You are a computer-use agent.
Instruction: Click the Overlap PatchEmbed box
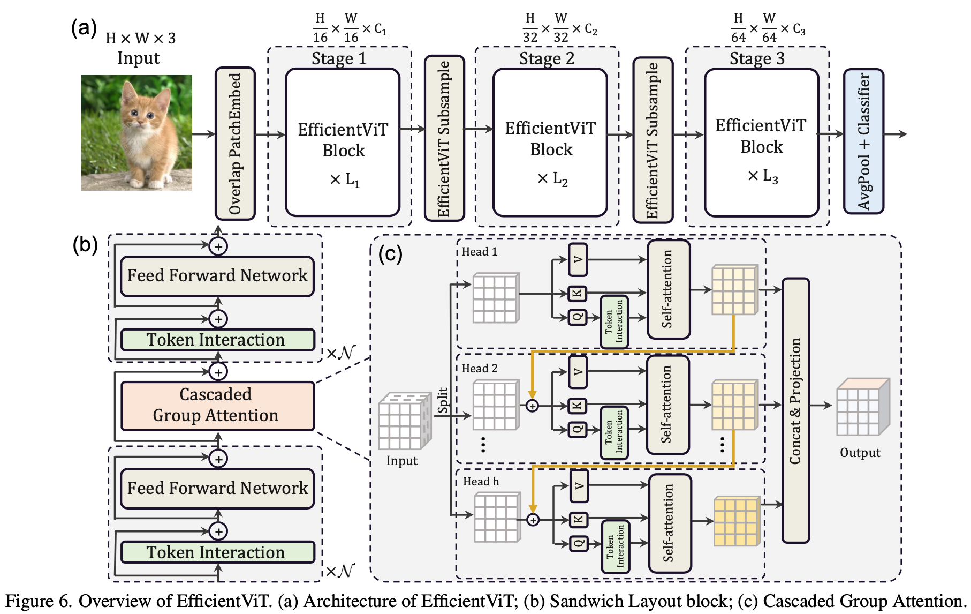(x=235, y=144)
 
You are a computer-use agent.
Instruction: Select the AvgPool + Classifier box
(x=863, y=141)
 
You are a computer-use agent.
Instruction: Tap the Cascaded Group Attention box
(x=217, y=406)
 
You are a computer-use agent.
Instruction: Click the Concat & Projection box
(x=795, y=410)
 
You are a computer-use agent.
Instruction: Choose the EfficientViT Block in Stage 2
(x=550, y=143)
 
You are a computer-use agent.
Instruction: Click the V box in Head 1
(x=578, y=260)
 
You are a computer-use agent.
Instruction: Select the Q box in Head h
(x=579, y=543)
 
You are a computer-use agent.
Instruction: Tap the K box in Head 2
(x=578, y=406)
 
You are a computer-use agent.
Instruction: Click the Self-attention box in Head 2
(x=667, y=405)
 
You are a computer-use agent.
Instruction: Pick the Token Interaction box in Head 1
(x=614, y=321)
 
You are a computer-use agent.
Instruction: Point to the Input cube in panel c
(x=404, y=422)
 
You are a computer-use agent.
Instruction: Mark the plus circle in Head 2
(x=532, y=406)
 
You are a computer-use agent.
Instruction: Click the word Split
(x=443, y=400)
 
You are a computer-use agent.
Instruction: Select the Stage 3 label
(x=757, y=58)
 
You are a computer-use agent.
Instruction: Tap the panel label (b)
(x=85, y=245)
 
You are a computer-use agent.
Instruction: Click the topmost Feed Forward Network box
(x=217, y=276)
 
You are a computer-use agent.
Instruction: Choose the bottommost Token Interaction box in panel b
(x=217, y=552)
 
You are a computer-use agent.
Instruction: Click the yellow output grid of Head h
(x=737, y=521)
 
